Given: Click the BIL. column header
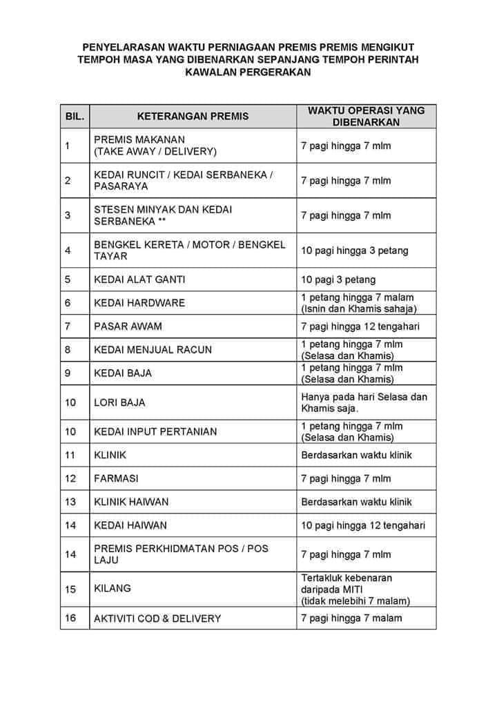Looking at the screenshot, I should click(x=75, y=116).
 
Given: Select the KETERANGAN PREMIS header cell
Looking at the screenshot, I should click(x=193, y=116).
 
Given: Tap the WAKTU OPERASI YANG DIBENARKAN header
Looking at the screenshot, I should click(x=366, y=116).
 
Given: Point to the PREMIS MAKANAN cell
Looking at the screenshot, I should click(x=155, y=146).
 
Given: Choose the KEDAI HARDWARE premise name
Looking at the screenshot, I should click(x=139, y=303).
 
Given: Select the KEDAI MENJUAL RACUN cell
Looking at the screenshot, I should click(x=153, y=350).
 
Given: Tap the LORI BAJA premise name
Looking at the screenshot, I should click(x=119, y=402).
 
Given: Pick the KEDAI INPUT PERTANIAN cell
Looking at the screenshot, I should click(x=155, y=431).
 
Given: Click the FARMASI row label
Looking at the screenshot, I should click(x=116, y=478).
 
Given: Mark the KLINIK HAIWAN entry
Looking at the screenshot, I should click(x=131, y=502).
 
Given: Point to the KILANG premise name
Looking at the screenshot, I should click(x=112, y=589).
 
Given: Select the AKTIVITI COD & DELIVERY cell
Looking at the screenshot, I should click(x=157, y=618).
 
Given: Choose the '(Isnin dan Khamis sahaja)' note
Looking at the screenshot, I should click(x=359, y=309).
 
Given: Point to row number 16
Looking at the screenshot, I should click(x=70, y=618).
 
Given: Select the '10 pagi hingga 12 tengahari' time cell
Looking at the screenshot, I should click(x=363, y=525).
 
